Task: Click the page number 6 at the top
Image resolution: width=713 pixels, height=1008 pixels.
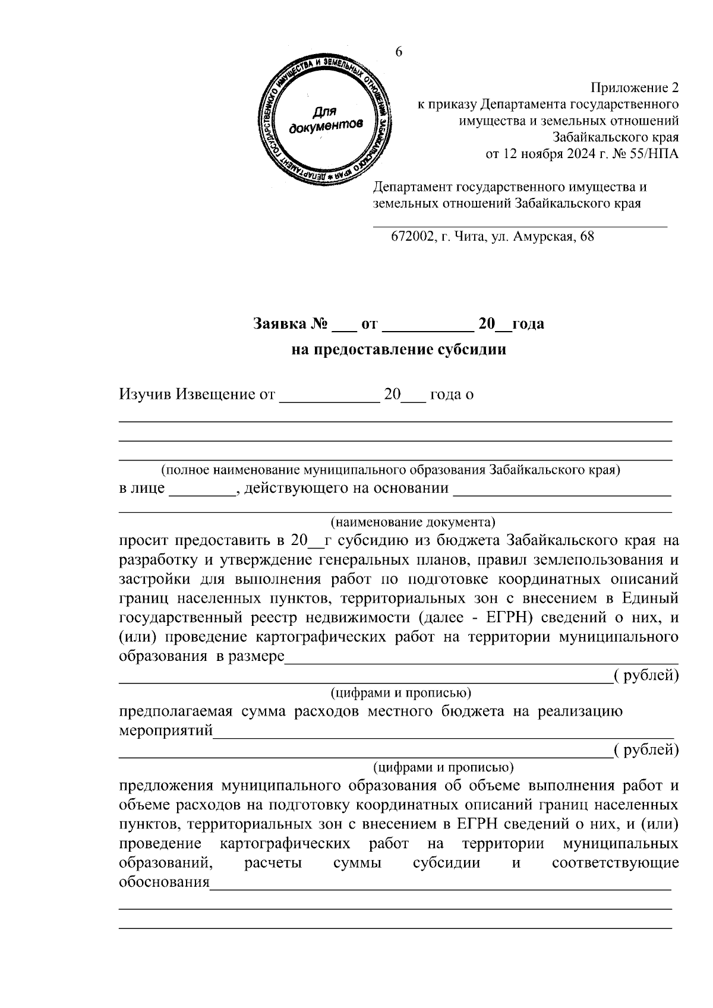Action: point(399,52)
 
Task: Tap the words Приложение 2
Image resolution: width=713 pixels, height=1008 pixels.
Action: point(633,89)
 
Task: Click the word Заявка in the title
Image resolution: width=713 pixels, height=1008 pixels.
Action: point(279,325)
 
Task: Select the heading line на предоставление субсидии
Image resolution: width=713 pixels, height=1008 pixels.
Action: point(399,349)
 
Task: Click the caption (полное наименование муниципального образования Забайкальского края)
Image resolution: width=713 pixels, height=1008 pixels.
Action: point(390,470)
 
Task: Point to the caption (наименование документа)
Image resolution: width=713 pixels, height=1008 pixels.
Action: point(412,522)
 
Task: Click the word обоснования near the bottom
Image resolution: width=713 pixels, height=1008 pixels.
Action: point(165,882)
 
